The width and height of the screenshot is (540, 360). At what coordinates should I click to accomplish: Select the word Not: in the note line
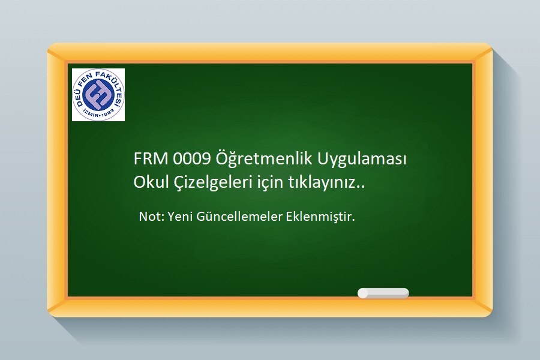click(x=152, y=217)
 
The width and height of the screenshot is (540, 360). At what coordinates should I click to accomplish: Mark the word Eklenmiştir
click(x=320, y=217)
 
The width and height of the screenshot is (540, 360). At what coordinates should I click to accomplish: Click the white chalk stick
click(x=383, y=293)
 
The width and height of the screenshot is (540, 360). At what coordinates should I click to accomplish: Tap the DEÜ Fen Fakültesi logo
click(x=98, y=95)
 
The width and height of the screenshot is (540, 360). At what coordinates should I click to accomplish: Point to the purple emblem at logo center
click(x=98, y=94)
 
